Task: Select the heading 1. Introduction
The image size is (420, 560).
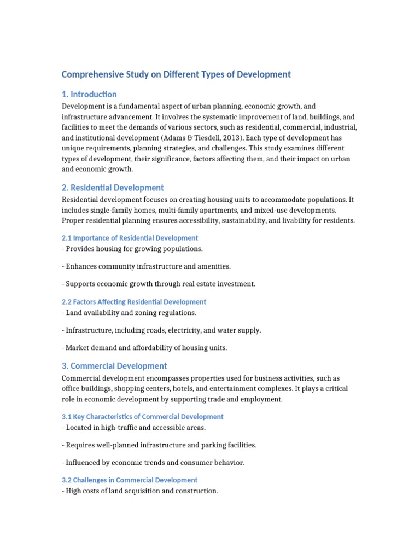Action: [89, 94]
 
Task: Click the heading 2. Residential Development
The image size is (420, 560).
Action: [113, 188]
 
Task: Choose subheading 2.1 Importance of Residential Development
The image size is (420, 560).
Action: [130, 238]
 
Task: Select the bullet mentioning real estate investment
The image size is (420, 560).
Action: [159, 284]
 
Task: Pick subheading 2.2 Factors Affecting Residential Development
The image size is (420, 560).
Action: [133, 301]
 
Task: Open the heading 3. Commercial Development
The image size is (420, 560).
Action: [114, 366]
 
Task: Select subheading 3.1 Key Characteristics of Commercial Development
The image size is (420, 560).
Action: [142, 417]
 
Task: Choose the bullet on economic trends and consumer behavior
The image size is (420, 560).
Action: [153, 463]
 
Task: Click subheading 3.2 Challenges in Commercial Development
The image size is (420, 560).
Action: [130, 480]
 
